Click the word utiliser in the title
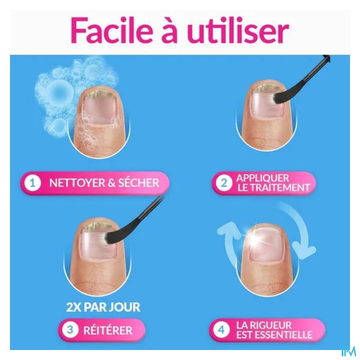click(237, 30)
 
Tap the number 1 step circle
click(33, 183)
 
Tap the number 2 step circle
click(224, 183)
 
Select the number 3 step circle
click(70, 330)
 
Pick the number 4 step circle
click(221, 330)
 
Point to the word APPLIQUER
click(263, 178)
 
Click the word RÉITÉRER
click(108, 330)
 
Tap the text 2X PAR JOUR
click(103, 307)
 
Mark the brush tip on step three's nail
click(108, 238)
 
